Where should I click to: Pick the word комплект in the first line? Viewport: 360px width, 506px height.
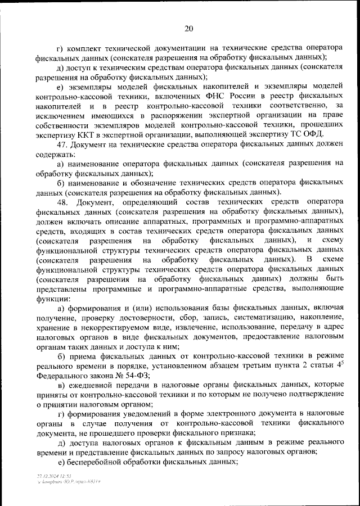pos(85,48)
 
